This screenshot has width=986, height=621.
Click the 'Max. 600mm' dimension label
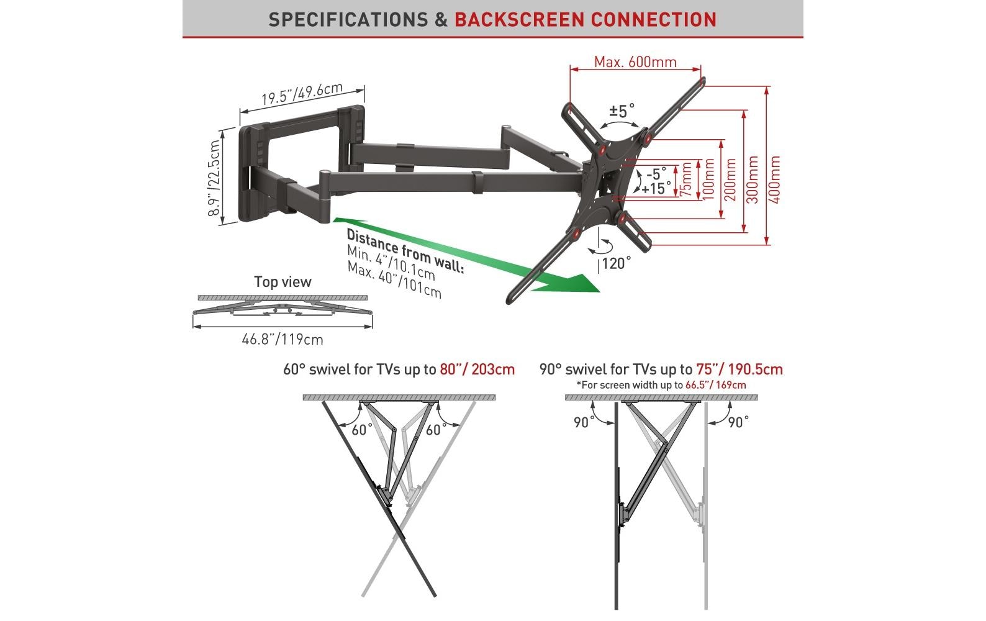click(635, 62)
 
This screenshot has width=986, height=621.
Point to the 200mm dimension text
click(731, 179)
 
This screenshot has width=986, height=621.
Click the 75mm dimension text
click(685, 180)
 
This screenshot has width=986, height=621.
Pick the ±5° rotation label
click(622, 111)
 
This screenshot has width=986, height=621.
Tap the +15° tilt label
click(656, 188)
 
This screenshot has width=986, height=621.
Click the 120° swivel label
click(616, 264)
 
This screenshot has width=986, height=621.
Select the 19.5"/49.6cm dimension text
click(301, 94)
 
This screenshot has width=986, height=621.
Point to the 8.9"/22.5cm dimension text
click(215, 178)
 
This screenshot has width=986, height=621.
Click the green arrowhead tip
click(597, 289)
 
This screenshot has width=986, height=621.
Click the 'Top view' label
click(283, 282)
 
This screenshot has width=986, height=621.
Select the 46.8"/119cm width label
click(283, 340)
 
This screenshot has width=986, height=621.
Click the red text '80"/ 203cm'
click(477, 369)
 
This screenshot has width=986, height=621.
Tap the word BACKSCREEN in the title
click(518, 19)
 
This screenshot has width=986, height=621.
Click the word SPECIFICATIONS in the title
click(350, 19)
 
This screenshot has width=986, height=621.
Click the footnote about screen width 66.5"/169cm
click(661, 385)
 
